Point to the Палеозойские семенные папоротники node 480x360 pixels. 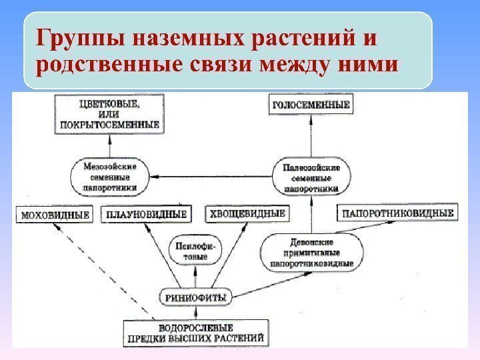pyautogui.click(x=312, y=178)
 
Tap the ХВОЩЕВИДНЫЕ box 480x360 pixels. pyautogui.click(x=247, y=214)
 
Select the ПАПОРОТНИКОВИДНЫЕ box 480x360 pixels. pyautogui.click(x=398, y=214)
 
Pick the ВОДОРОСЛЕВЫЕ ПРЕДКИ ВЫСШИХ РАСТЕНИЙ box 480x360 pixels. pyautogui.click(x=196, y=333)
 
